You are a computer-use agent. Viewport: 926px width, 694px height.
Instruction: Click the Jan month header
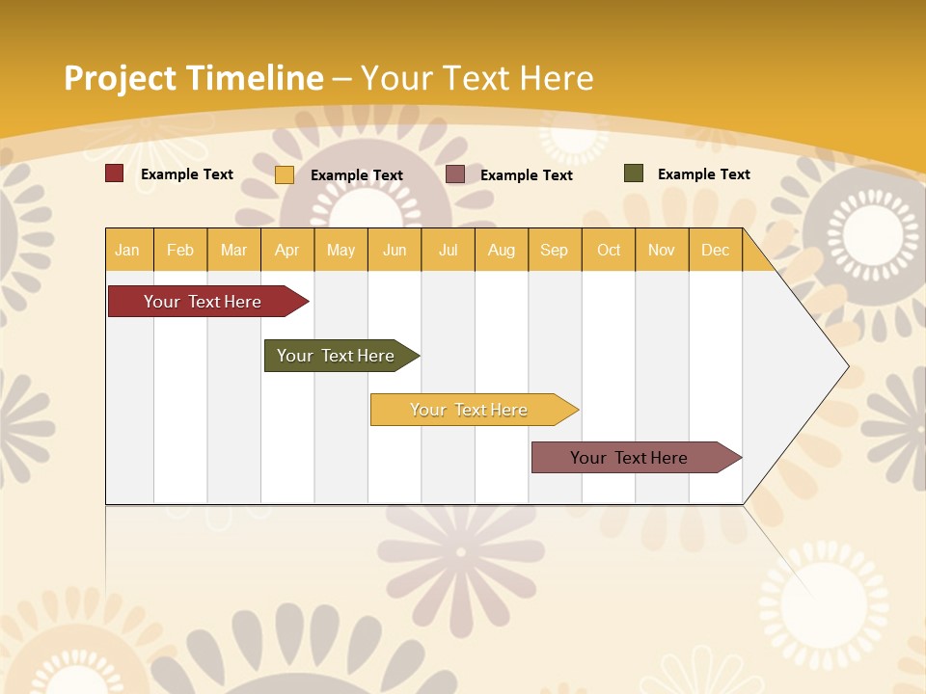coord(128,250)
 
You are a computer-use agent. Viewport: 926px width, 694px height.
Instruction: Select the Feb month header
coord(180,250)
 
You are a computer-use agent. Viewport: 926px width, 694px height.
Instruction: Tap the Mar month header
coord(233,250)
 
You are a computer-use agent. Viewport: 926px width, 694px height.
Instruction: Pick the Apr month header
coord(287,250)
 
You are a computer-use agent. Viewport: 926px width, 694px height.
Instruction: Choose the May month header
coord(340,250)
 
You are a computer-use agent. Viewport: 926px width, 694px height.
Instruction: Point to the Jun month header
coord(395,250)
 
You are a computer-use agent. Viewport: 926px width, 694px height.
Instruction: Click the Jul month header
coord(448,250)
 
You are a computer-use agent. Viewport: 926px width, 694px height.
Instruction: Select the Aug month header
coord(502,250)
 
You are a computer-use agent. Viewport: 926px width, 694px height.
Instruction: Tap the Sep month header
coord(555,250)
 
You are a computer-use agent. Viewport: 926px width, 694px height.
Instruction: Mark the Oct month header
coord(609,250)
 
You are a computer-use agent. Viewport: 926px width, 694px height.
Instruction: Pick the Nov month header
coord(662,250)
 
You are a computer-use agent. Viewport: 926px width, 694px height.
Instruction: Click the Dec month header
coord(716,250)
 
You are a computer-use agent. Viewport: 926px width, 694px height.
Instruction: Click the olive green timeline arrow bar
coord(338,356)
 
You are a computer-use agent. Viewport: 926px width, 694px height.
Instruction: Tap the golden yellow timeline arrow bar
coord(471,410)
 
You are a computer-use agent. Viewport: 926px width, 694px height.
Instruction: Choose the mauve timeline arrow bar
coord(632,458)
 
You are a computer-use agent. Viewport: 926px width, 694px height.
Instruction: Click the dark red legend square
coord(114,173)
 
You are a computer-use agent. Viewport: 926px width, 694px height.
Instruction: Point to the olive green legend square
coord(633,173)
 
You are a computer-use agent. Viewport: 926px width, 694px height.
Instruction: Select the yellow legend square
coord(285,174)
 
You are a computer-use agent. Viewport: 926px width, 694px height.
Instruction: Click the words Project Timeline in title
coord(193,78)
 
